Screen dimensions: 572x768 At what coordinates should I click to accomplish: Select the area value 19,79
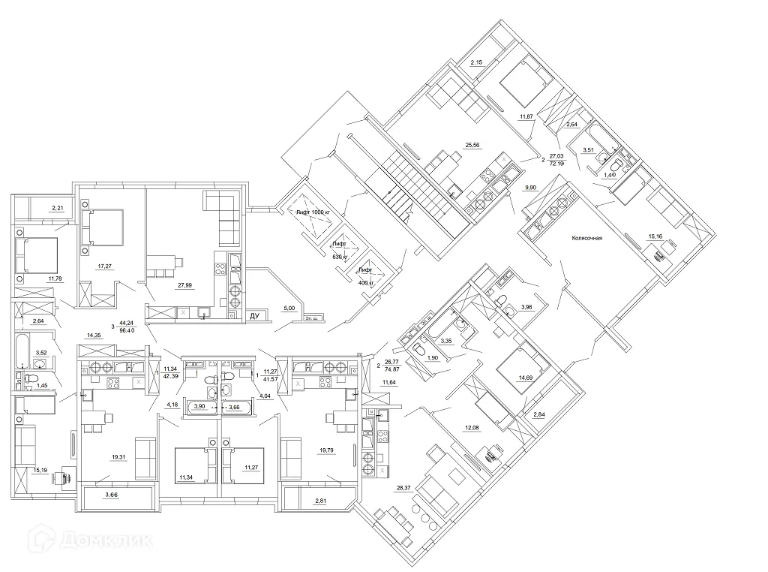click(326, 450)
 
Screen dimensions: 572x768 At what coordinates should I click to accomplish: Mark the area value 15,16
click(655, 237)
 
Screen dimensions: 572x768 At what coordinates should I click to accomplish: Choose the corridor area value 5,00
click(288, 307)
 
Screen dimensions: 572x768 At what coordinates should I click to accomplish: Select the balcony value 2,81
click(321, 500)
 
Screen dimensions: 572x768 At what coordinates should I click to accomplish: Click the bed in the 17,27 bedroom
click(106, 226)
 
